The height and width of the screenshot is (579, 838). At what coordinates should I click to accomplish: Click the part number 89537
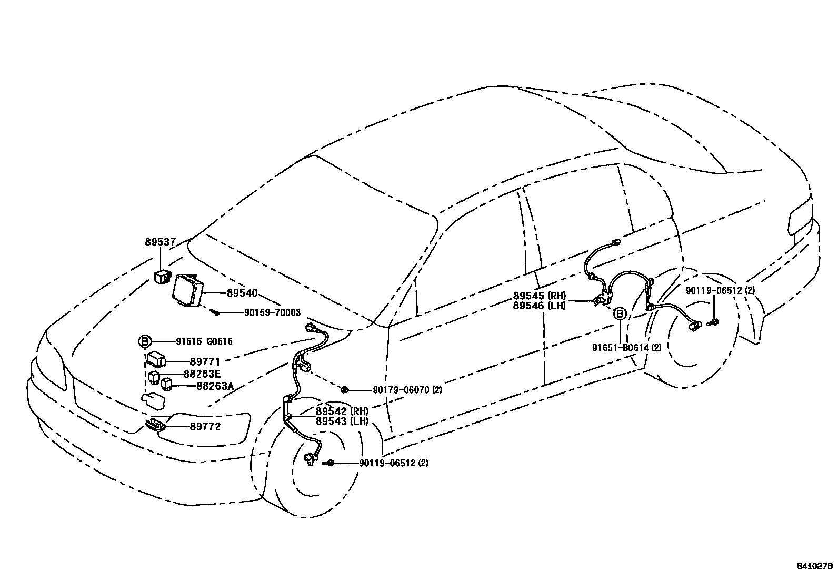[161, 242]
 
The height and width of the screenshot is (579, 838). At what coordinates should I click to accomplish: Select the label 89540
[242, 293]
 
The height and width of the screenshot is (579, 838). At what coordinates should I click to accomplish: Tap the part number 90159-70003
[272, 313]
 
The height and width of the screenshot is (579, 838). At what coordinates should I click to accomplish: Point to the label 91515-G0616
[204, 341]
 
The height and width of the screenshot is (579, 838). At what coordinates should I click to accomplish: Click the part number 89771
[205, 362]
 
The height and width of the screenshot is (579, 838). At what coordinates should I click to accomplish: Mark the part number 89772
[205, 427]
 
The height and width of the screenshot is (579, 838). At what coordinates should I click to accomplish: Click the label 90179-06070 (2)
[407, 390]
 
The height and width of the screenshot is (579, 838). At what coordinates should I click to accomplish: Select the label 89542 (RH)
[342, 411]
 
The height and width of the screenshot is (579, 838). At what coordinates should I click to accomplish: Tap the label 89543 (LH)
[342, 421]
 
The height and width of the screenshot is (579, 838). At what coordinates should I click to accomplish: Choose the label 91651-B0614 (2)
[627, 348]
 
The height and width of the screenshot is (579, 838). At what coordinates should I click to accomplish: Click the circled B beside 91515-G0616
[144, 341]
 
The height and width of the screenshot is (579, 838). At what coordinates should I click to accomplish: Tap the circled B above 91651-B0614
[620, 315]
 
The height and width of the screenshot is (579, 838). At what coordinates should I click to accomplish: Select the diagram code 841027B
[814, 567]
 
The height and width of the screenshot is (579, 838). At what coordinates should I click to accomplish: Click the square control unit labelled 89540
[188, 290]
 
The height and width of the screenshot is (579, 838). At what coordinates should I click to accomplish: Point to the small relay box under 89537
[162, 276]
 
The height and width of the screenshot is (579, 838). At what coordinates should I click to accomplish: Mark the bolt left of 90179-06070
[344, 390]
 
